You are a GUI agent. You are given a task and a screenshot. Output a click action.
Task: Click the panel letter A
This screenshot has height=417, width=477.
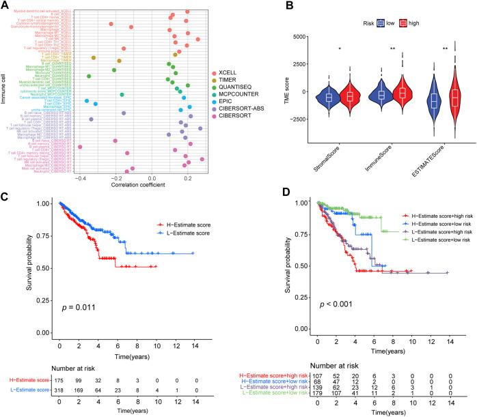(6, 6)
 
